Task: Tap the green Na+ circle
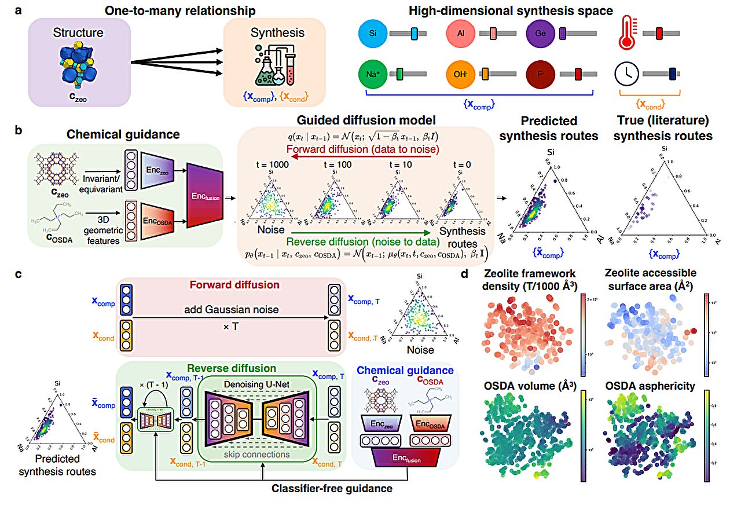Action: (372, 74)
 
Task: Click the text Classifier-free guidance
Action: (332, 489)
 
